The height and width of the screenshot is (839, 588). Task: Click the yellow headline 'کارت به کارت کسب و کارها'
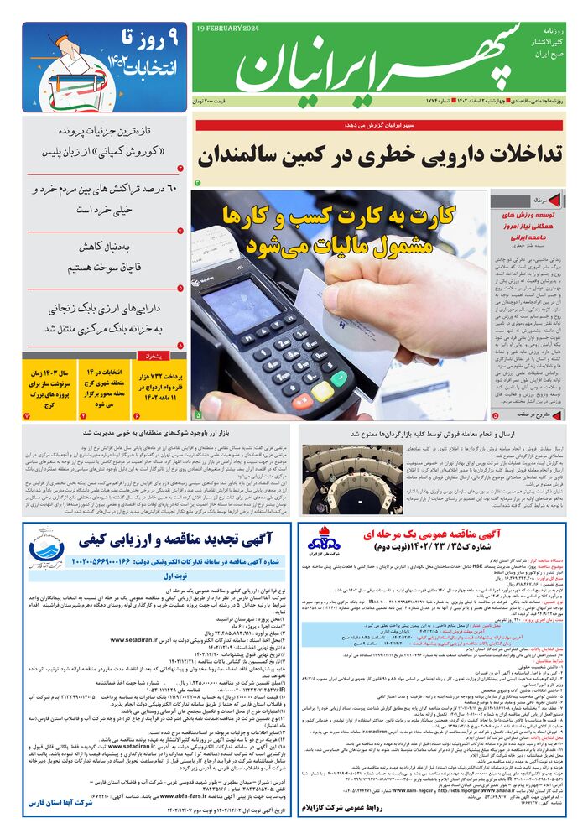(x=340, y=216)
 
